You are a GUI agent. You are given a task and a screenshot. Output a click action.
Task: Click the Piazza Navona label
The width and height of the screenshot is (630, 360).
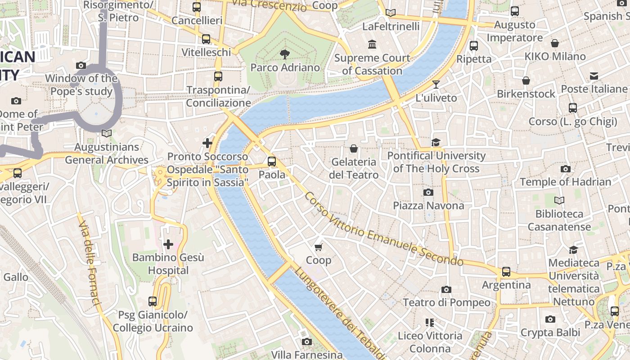tap(428, 206)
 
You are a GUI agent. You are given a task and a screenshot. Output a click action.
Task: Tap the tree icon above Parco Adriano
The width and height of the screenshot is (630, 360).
tap(284, 54)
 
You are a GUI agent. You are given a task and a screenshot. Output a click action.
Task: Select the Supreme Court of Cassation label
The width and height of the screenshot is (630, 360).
tap(372, 64)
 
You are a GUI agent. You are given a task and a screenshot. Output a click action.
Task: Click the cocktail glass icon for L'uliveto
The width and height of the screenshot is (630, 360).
tap(436, 84)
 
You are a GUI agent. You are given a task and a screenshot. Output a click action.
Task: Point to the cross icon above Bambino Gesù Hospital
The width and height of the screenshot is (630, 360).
tap(168, 244)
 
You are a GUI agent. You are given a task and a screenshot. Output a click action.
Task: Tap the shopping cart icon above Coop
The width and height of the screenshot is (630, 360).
tap(319, 247)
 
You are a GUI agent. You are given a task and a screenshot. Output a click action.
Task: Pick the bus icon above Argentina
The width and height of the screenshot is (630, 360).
tap(506, 272)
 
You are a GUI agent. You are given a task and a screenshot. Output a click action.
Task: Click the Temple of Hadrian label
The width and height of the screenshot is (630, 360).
tap(566, 182)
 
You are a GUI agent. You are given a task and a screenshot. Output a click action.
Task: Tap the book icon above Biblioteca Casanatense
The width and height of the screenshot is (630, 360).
tap(559, 200)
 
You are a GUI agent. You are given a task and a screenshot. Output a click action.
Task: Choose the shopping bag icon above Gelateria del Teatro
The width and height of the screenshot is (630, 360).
tap(354, 148)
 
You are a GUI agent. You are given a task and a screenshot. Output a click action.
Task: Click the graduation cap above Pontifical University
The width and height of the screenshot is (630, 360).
tap(436, 143)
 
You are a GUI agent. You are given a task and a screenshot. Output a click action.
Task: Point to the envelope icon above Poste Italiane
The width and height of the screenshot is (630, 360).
tap(594, 76)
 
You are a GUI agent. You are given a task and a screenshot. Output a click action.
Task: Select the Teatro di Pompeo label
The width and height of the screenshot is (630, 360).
tap(446, 302)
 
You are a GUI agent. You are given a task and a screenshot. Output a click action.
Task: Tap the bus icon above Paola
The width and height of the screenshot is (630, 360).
tap(272, 162)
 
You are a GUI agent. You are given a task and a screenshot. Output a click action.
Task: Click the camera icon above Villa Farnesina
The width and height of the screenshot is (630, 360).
tap(307, 342)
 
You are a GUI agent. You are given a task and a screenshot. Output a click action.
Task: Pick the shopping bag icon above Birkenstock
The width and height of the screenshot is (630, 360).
tap(526, 81)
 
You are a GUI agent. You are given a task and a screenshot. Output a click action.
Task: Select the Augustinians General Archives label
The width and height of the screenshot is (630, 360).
tap(107, 153)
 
